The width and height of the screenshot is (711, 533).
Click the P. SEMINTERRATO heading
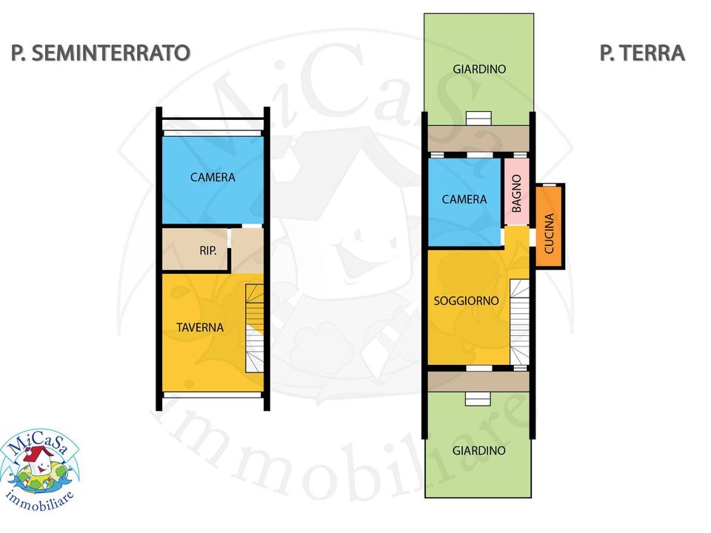[100, 53]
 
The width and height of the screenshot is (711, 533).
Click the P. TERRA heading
[642, 53]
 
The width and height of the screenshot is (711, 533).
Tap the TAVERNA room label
[200, 327]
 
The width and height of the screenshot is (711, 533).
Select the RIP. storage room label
[208, 250]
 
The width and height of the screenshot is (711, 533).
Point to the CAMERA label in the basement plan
[213, 177]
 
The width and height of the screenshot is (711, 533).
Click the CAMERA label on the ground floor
[464, 199]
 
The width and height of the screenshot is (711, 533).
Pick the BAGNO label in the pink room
[516, 193]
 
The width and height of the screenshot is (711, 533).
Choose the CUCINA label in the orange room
[549, 233]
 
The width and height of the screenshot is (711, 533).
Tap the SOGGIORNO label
[466, 301]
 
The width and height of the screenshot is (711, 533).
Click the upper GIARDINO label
[479, 69]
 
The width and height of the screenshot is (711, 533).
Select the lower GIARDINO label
[479, 451]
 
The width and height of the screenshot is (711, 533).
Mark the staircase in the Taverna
[254, 329]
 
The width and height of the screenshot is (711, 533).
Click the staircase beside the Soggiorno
[520, 322]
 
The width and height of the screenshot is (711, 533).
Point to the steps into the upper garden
[479, 118]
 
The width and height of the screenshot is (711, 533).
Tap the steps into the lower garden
[478, 399]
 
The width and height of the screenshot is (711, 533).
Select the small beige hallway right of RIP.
[247, 251]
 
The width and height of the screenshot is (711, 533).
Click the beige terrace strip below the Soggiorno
[478, 382]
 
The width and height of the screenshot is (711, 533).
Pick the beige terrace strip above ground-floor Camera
[478, 138]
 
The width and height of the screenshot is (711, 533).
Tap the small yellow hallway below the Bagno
[517, 237]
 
